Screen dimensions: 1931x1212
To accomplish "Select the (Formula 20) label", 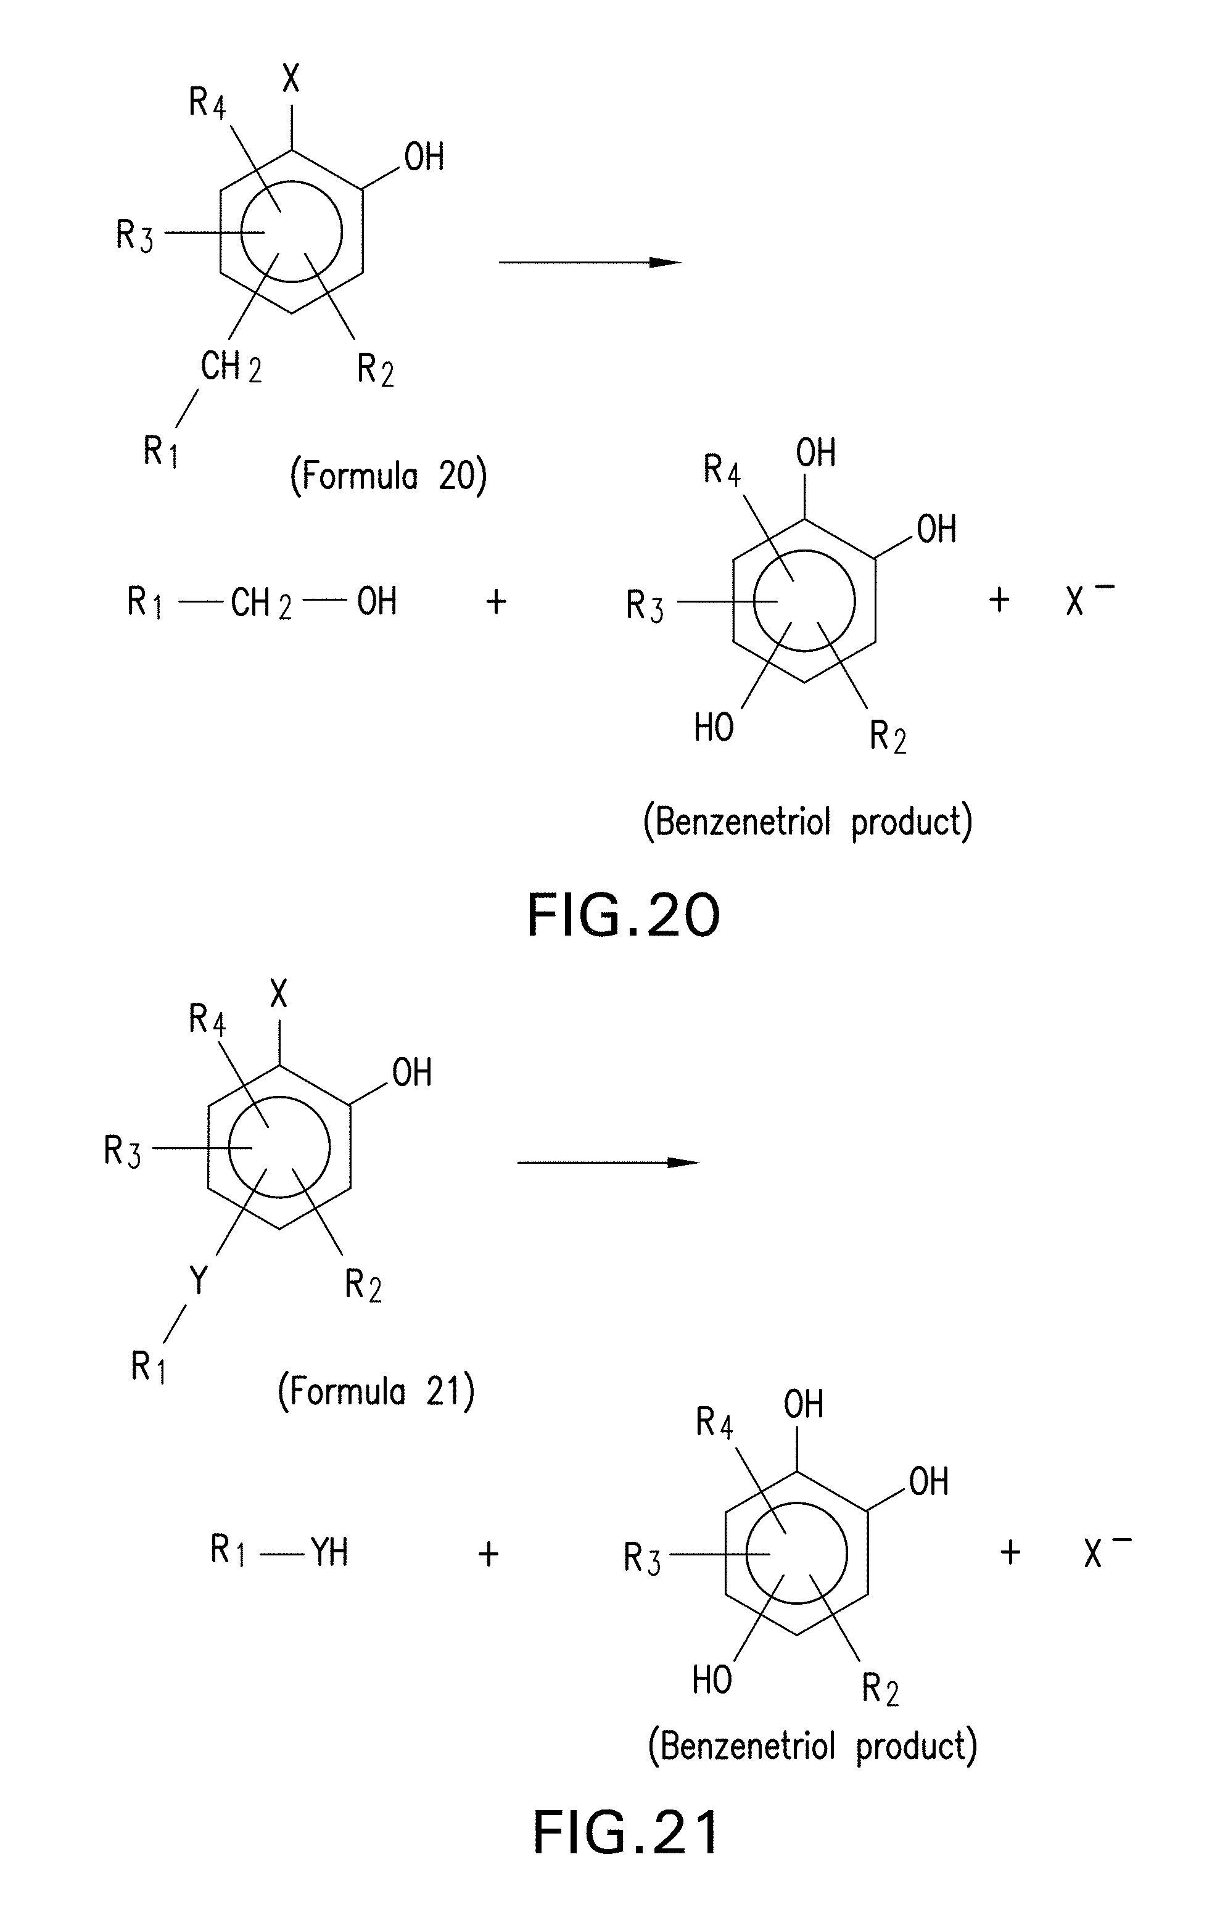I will pos(389,477).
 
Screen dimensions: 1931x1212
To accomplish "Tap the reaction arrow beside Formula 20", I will pos(589,262).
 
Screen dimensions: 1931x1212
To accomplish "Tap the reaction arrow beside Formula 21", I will pos(608,1163).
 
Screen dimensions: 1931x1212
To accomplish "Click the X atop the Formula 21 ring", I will pos(278,995).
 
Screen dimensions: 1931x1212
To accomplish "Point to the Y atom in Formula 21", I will pos(198,1281).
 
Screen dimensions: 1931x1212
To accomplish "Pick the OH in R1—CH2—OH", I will pos(377,601).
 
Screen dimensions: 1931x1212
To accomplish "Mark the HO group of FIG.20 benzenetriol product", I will pos(714,728).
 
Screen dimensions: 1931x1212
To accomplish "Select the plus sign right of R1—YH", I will pos(488,1554).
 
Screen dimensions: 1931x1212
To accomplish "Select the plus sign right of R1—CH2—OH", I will pos(496,601).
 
